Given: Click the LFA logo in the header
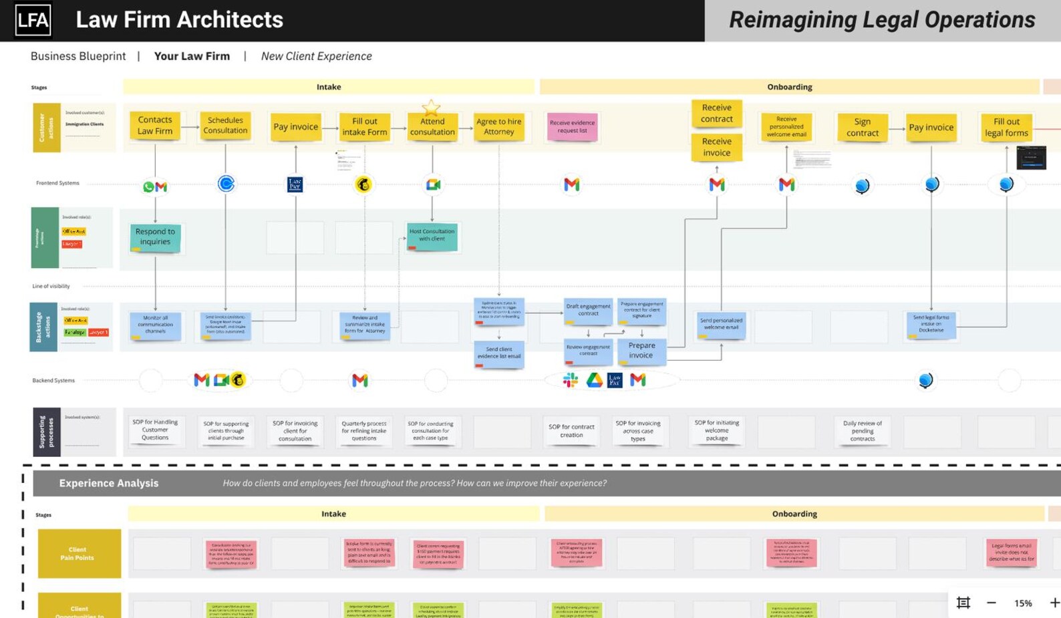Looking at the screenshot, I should (33, 20).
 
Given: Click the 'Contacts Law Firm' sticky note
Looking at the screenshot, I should (155, 126).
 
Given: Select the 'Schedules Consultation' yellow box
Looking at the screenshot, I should (225, 126).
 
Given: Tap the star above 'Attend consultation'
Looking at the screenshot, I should (431, 107).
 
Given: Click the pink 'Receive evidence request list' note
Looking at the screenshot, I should (572, 126).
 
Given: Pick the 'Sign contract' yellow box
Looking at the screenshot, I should (862, 127).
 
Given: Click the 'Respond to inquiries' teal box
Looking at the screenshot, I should (155, 237).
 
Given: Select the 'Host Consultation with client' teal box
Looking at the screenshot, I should (432, 235).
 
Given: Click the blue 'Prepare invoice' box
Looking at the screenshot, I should (641, 351).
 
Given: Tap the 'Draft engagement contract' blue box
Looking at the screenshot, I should (588, 310).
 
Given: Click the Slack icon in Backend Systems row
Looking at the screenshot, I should (570, 380).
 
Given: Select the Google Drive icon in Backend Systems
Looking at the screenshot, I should (594, 380).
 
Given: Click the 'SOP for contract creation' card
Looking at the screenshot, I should (571, 431).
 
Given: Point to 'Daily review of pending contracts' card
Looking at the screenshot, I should (862, 431).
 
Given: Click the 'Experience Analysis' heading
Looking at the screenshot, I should (108, 483).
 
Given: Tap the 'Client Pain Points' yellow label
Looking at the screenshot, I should (79, 553).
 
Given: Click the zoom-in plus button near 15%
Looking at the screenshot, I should (1054, 603).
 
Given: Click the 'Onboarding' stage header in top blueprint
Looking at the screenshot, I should (789, 87).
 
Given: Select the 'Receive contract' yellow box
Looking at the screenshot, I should (716, 113).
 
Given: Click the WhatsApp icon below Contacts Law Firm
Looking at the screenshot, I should (148, 187).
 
